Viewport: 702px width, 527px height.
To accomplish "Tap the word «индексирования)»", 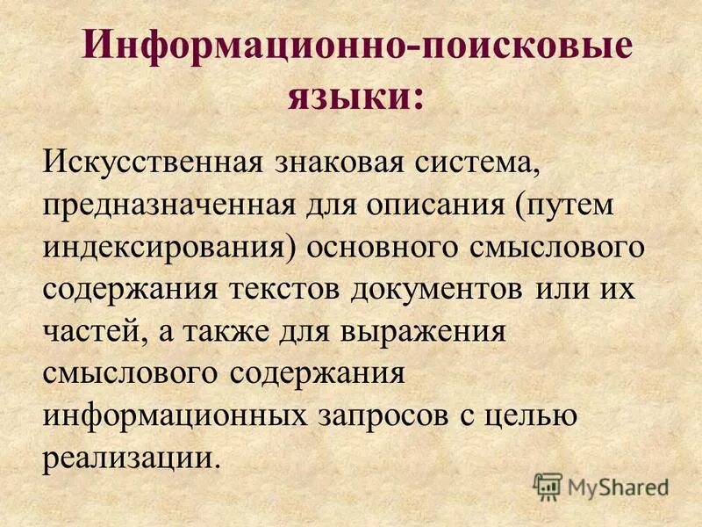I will (168, 249).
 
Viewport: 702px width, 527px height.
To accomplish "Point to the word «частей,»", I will (88, 333).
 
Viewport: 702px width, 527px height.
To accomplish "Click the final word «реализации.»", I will (129, 458).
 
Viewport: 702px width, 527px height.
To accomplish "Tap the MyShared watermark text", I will (614, 486).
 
